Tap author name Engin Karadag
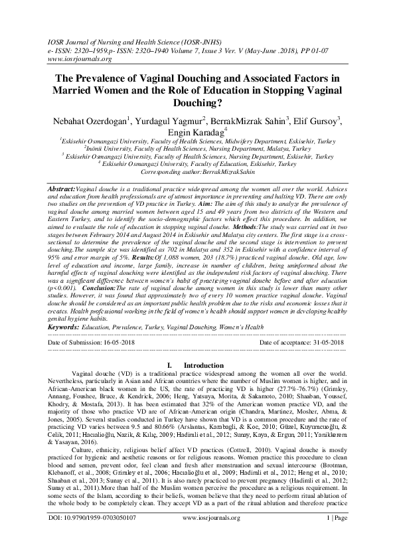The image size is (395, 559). (197, 133)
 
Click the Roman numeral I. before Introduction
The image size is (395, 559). (171, 365)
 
